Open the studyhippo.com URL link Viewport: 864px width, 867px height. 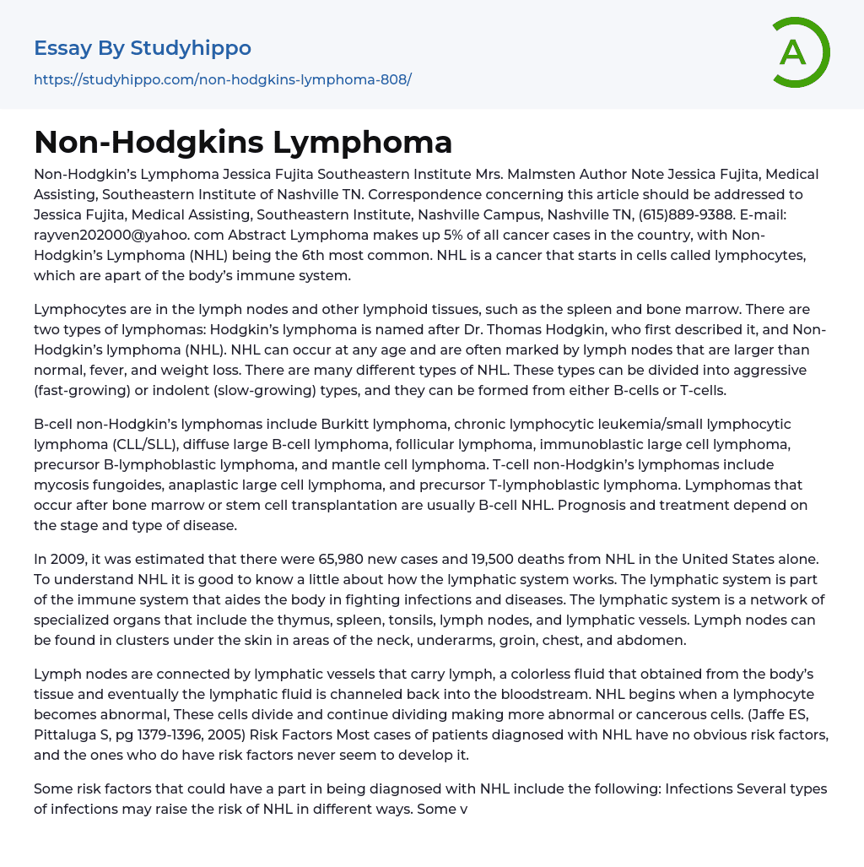click(223, 80)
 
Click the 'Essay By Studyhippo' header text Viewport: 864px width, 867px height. click(143, 48)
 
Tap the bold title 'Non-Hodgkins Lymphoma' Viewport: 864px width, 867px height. click(243, 143)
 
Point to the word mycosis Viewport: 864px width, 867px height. click(61, 485)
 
